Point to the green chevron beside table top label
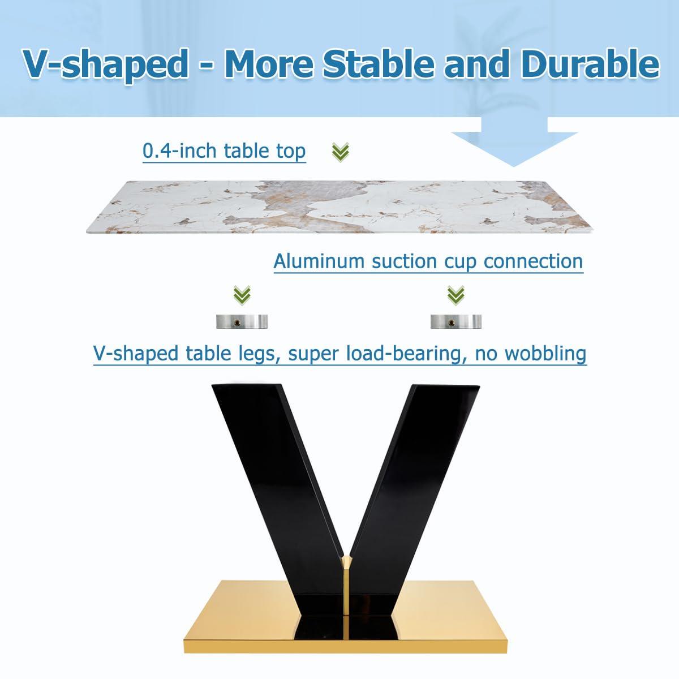pos(341,152)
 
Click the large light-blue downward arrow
pos(514,141)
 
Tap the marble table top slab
pos(339,207)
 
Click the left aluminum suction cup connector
pos(242,321)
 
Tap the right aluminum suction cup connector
pos(456,321)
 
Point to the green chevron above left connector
pos(242,295)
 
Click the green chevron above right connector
pos(456,295)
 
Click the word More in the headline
pos(269,64)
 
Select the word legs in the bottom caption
pos(255,354)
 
